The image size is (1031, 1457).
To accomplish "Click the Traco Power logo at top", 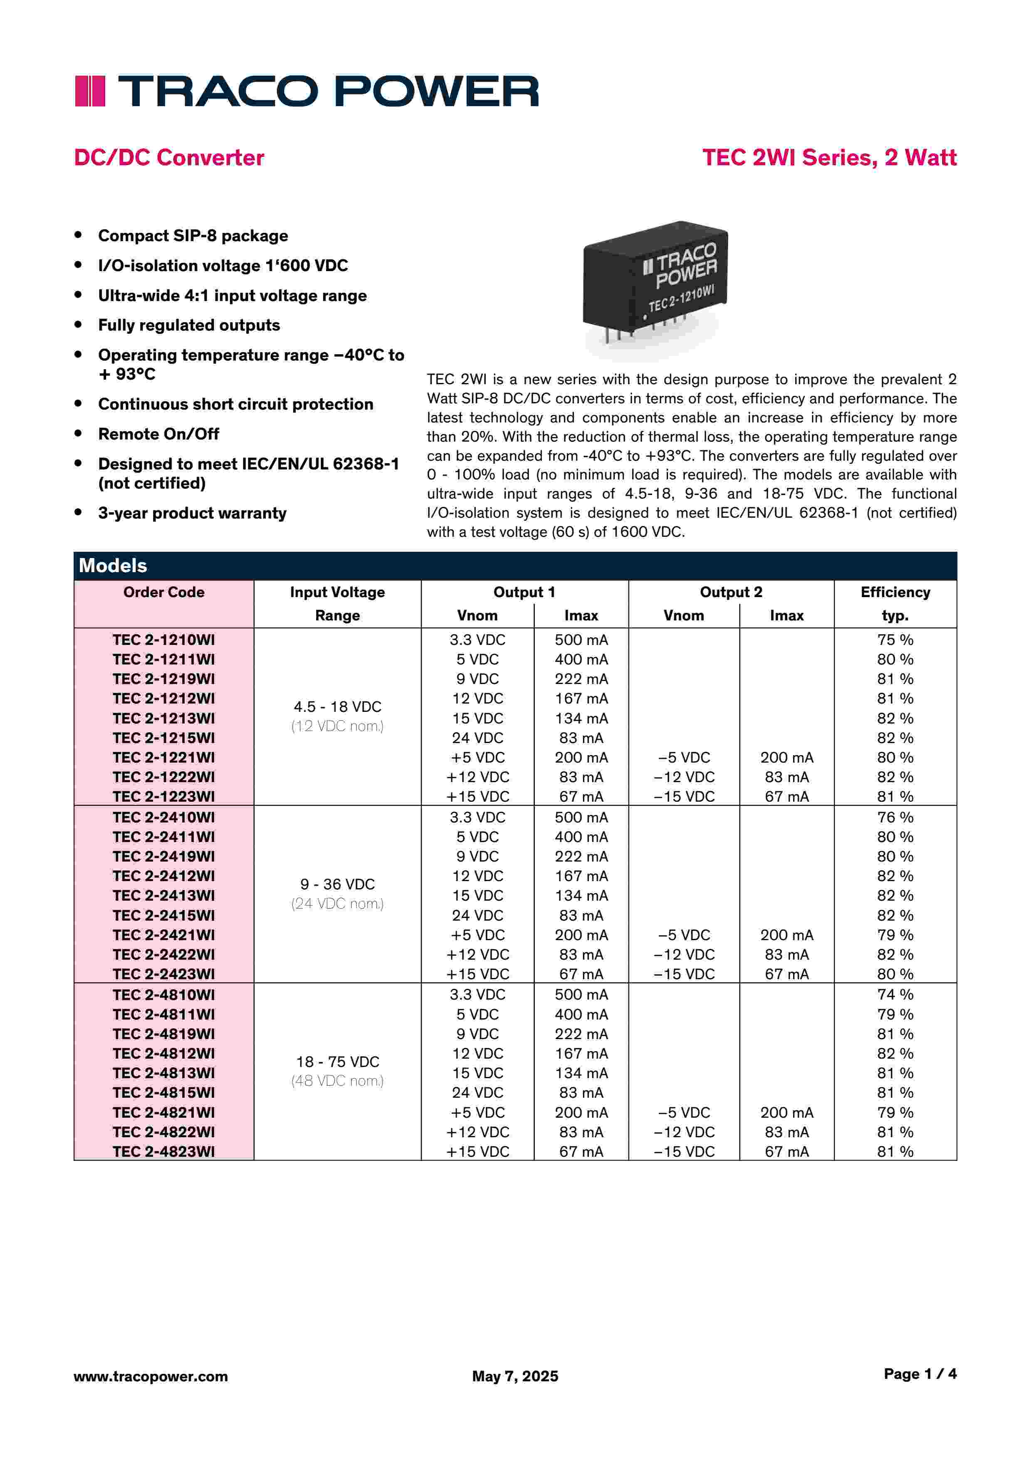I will click(x=307, y=91).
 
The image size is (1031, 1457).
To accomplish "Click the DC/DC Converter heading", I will click(x=169, y=157).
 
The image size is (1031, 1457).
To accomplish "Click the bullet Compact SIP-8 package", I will click(x=193, y=236).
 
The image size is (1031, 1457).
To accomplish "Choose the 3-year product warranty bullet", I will click(x=192, y=514).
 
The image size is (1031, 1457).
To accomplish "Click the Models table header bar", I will click(x=515, y=566).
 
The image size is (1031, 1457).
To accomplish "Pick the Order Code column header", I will click(x=164, y=593).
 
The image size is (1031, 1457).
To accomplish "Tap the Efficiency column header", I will click(x=895, y=593).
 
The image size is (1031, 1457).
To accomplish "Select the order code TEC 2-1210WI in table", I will click(x=164, y=640).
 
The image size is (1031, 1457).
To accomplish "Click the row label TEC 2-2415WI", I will click(x=164, y=915).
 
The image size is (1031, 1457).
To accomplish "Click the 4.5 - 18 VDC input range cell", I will click(x=337, y=707).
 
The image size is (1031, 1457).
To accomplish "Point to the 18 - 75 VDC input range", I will click(x=337, y=1062).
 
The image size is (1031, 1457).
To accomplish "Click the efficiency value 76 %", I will click(x=895, y=817).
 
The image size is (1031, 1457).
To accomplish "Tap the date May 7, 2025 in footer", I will click(x=515, y=1376).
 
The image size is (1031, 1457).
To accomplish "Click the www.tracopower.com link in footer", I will click(x=151, y=1376).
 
